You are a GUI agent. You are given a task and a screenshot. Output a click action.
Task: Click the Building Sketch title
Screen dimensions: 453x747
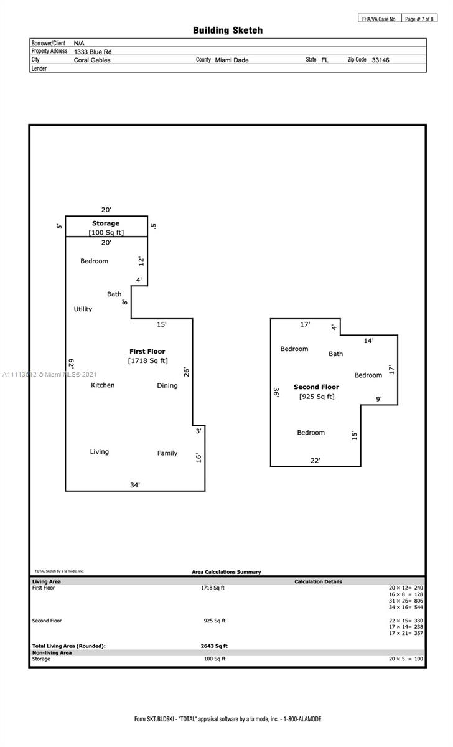pyautogui.click(x=228, y=31)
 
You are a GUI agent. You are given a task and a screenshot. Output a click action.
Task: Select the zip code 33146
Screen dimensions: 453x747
pyautogui.click(x=380, y=60)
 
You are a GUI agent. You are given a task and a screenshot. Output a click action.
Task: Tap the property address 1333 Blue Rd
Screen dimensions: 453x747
pyautogui.click(x=93, y=52)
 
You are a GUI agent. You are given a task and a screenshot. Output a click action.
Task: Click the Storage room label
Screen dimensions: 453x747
pyautogui.click(x=106, y=223)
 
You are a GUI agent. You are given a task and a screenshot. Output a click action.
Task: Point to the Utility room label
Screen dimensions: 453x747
pyautogui.click(x=83, y=309)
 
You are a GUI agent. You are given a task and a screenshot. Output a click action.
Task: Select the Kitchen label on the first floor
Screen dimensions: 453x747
pyautogui.click(x=103, y=385)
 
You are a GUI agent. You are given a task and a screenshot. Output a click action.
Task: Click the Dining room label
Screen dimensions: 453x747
pyautogui.click(x=167, y=385)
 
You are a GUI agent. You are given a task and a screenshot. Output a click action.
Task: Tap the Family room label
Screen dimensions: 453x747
pyautogui.click(x=167, y=453)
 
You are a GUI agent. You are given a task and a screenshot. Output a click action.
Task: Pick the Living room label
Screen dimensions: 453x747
pyautogui.click(x=100, y=452)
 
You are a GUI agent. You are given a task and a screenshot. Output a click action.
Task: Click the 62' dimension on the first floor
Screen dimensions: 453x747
pyautogui.click(x=71, y=363)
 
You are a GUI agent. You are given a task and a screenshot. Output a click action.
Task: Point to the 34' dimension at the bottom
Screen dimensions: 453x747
pyautogui.click(x=135, y=485)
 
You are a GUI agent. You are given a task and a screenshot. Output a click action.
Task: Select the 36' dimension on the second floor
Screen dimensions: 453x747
pyautogui.click(x=276, y=392)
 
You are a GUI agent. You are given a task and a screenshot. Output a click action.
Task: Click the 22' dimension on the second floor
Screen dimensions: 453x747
pyautogui.click(x=315, y=461)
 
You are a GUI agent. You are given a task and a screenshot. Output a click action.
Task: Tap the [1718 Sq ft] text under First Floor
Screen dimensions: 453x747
pyautogui.click(x=148, y=360)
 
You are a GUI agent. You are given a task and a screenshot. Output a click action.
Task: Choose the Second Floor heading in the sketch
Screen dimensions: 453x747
pyautogui.click(x=316, y=387)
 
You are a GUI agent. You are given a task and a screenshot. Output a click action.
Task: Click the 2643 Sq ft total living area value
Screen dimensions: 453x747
pyautogui.click(x=214, y=646)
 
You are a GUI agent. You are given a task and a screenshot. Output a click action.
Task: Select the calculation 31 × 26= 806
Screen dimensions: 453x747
pyautogui.click(x=406, y=601)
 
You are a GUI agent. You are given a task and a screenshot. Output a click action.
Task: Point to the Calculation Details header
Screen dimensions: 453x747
pyautogui.click(x=318, y=581)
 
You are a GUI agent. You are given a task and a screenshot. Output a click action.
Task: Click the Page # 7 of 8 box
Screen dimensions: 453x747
pyautogui.click(x=419, y=19)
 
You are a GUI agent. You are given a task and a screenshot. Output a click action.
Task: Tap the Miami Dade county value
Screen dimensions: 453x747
pyautogui.click(x=231, y=60)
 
